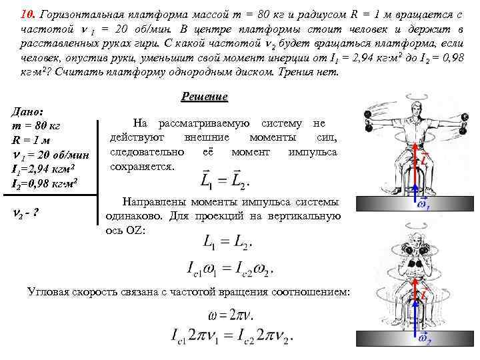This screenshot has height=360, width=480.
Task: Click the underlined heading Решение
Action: point(204,97)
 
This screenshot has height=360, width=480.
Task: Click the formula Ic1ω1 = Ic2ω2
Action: point(230,269)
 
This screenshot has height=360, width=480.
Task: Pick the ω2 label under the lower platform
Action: point(424,341)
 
